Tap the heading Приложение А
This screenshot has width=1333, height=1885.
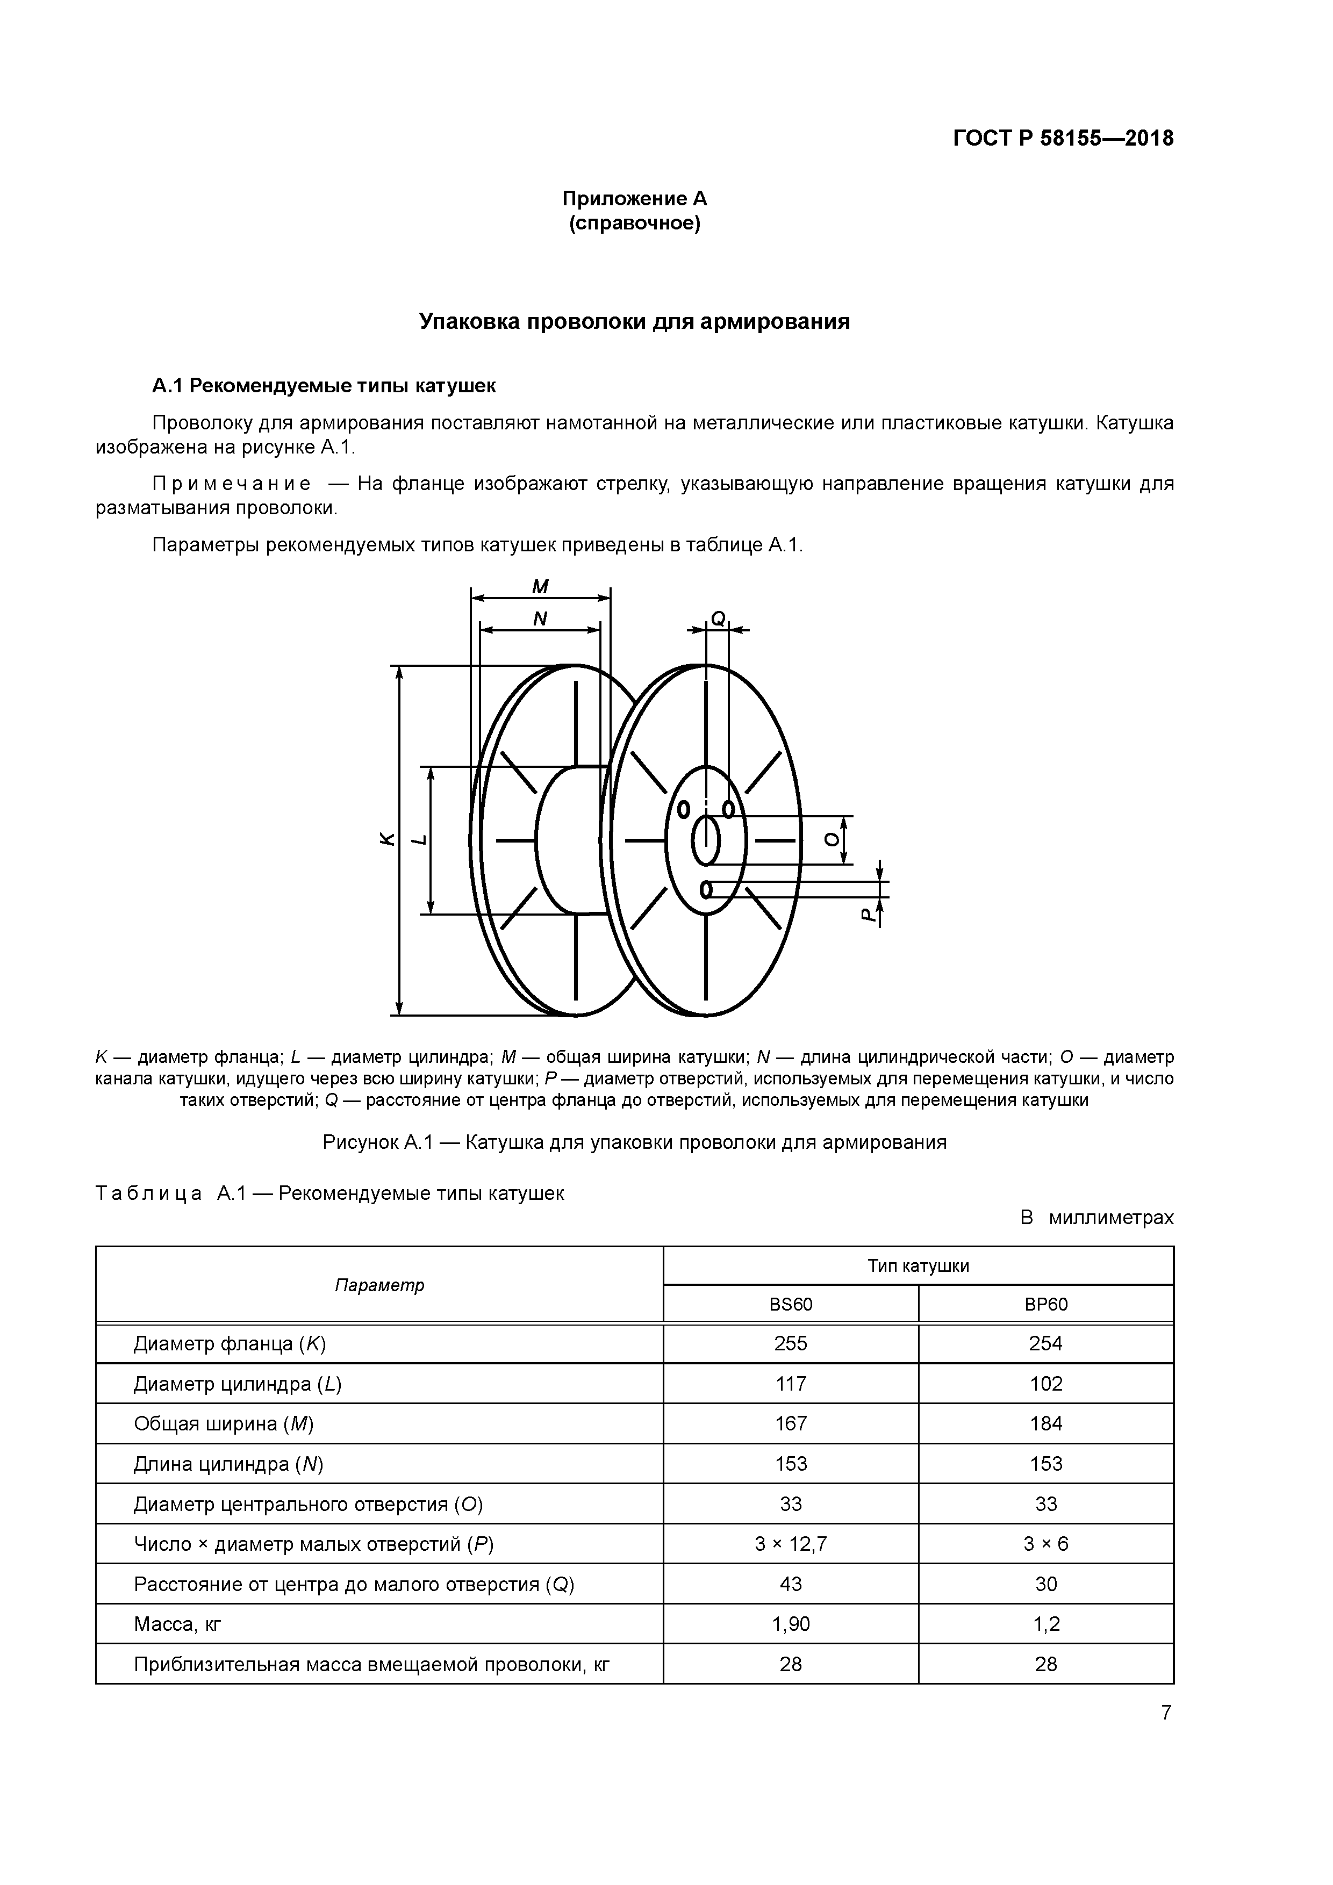[x=634, y=199]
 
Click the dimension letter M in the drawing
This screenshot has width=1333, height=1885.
[x=540, y=586]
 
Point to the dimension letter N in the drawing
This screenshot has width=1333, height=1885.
[x=540, y=618]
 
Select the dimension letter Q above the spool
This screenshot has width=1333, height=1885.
[x=717, y=618]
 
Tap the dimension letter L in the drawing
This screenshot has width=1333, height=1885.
[x=419, y=839]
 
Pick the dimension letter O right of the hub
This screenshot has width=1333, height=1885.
[x=833, y=839]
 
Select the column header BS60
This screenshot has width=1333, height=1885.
[x=790, y=1305]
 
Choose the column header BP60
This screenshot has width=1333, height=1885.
[x=1045, y=1305]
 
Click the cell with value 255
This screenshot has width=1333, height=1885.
[x=790, y=1344]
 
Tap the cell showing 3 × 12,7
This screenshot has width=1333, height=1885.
[x=790, y=1544]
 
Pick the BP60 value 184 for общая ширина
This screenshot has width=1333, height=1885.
[x=1045, y=1423]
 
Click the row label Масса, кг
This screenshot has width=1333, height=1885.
[x=177, y=1624]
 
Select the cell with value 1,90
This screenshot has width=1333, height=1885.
[x=790, y=1624]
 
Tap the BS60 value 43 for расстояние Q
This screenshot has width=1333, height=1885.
[x=790, y=1584]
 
